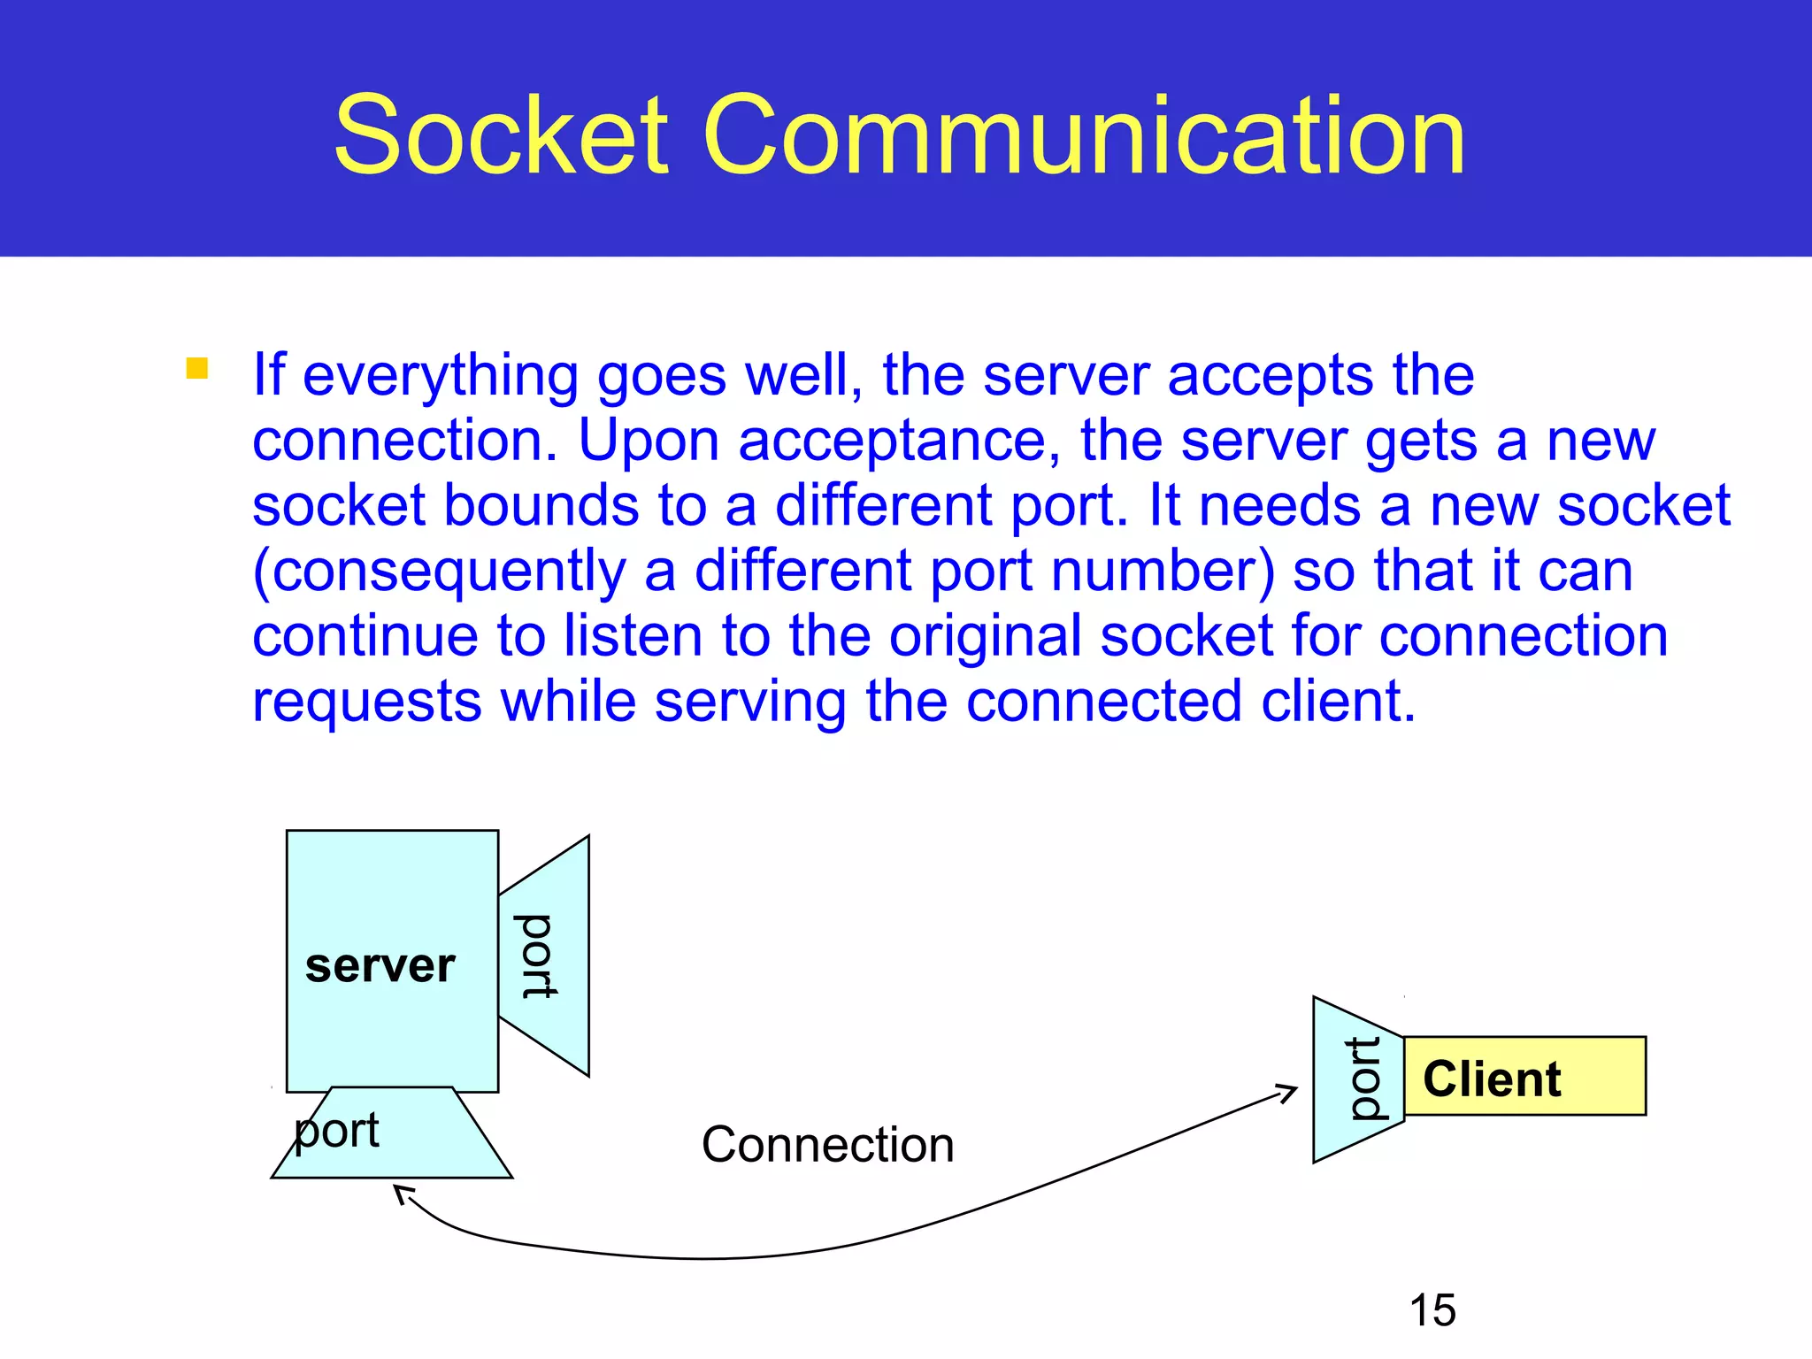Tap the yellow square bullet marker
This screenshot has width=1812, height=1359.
point(196,368)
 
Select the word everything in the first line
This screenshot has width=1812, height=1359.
point(440,376)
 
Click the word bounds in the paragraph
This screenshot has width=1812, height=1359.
point(541,505)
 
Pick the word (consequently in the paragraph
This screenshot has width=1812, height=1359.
point(439,572)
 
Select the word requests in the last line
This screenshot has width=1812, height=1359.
point(367,701)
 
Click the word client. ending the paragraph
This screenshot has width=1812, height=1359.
point(1338,701)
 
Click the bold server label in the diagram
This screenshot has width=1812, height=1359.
point(380,965)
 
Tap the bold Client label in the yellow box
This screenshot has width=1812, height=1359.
point(1492,1079)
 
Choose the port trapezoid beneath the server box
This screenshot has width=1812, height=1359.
point(392,1137)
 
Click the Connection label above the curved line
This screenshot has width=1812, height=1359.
point(827,1144)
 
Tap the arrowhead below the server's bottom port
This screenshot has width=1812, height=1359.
point(403,1194)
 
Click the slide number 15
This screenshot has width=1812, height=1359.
point(1432,1309)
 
